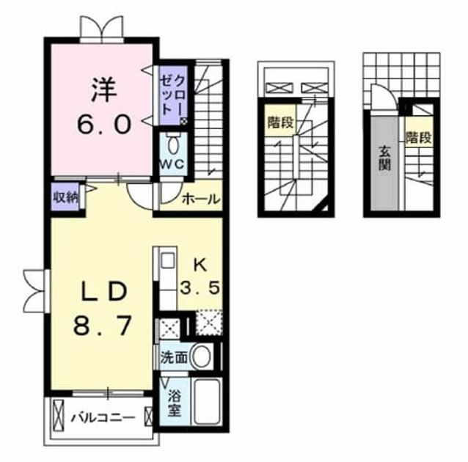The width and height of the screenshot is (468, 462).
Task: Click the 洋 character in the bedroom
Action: (103, 89)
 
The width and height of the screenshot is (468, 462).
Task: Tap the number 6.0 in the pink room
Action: (104, 124)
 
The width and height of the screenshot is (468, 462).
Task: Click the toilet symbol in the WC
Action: (173, 145)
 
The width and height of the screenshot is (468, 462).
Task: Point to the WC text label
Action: (172, 164)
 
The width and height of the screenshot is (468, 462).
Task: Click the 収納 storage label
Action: (66, 197)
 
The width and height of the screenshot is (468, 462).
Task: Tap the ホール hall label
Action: (201, 199)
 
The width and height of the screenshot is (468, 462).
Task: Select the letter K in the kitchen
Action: (200, 265)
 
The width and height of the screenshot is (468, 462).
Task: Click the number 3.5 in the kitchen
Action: (200, 288)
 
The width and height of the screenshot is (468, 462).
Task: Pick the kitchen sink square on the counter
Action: (168, 261)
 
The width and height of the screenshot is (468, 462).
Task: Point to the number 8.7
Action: (102, 326)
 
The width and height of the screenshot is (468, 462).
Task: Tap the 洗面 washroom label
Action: (175, 357)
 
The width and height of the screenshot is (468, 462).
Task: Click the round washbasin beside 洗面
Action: (202, 356)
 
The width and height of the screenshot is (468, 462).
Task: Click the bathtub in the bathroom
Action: (207, 402)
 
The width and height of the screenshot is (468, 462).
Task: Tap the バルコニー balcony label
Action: (103, 417)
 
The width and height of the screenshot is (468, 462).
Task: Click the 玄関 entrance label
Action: (385, 159)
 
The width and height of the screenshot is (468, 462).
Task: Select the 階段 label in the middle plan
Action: (280, 122)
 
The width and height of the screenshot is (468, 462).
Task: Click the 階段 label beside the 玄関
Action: (419, 138)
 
